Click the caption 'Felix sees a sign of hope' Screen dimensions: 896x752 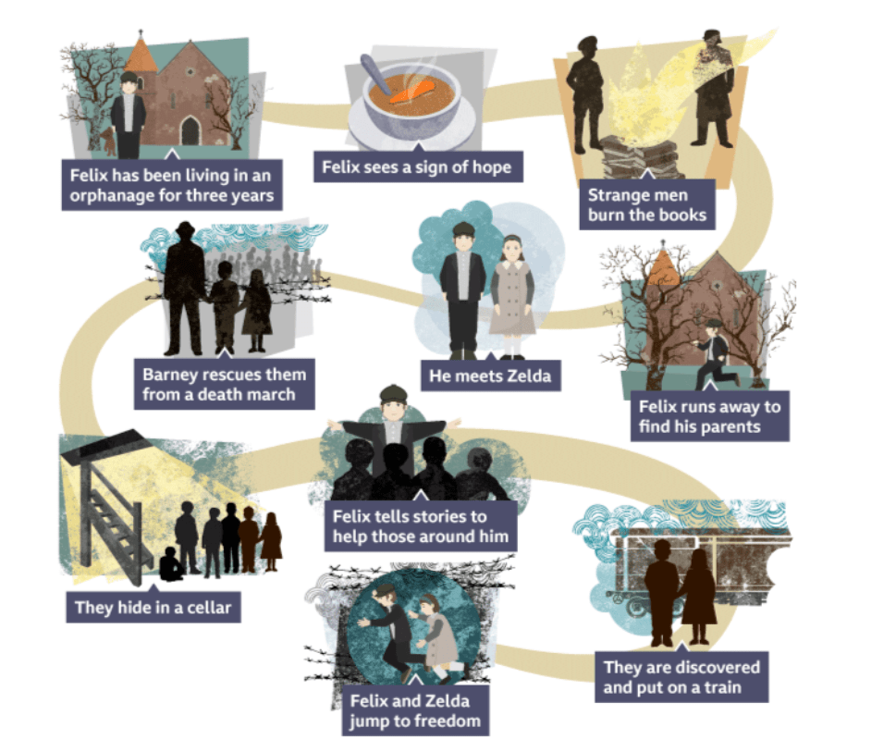click(x=416, y=167)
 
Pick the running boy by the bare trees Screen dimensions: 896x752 click(x=712, y=353)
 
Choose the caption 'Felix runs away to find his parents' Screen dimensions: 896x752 click(x=709, y=416)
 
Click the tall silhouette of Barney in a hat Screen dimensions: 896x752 click(x=185, y=287)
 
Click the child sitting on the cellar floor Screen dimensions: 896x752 click(x=171, y=565)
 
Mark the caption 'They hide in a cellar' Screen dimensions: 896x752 click(x=153, y=607)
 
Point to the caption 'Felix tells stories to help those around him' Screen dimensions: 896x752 click(x=422, y=525)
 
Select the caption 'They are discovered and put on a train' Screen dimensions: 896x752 click(x=681, y=678)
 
